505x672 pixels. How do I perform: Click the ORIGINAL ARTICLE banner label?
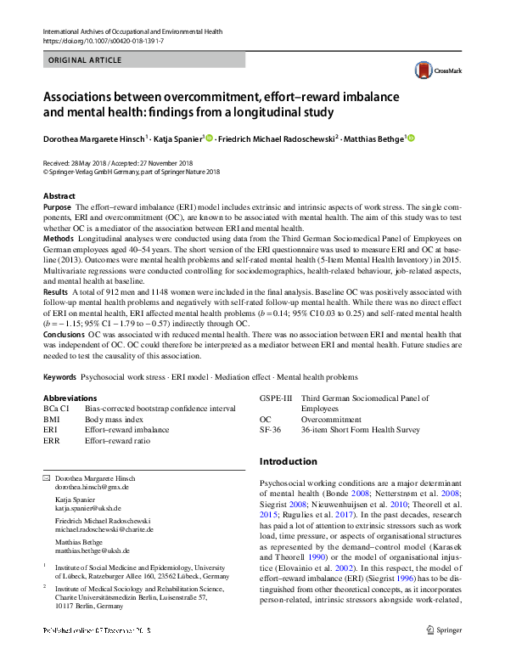tap(87, 62)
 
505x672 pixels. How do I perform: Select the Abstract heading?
tap(59, 196)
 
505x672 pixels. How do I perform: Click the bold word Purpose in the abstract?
tap(57, 207)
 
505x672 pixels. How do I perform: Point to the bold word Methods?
tap(59, 240)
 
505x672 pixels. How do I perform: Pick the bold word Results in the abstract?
tap(56, 291)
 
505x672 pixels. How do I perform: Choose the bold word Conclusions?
tap(65, 335)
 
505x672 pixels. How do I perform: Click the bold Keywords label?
tap(61, 376)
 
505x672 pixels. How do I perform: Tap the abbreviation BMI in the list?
tap(52, 420)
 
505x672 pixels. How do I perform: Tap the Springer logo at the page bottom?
tap(445, 654)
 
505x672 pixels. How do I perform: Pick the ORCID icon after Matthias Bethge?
tap(412, 138)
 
